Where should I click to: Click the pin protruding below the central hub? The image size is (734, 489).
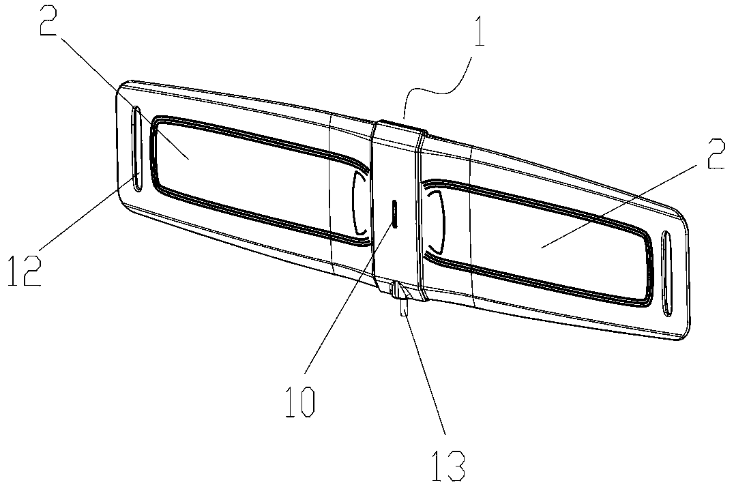tap(404, 306)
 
